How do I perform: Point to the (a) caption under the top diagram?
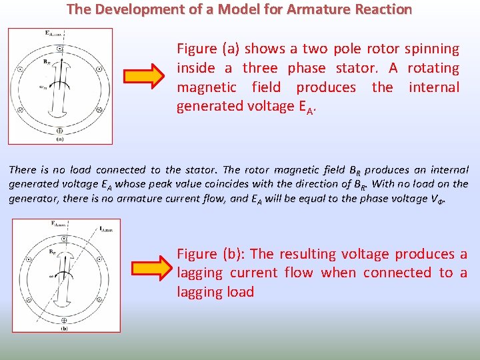point(59,139)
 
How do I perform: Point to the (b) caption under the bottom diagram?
point(64,328)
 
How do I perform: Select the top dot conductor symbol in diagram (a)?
point(60,48)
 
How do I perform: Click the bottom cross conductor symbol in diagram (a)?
point(60,131)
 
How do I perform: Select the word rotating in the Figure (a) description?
point(433,68)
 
